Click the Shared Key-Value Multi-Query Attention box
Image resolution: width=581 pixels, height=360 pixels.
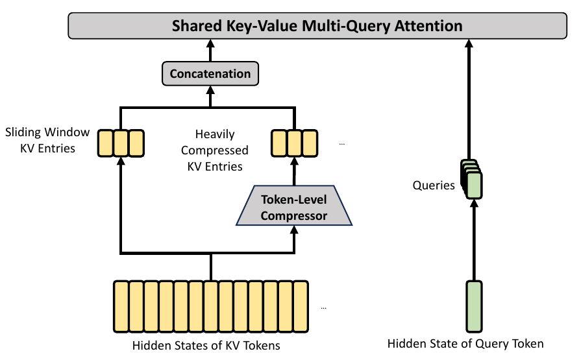click(317, 25)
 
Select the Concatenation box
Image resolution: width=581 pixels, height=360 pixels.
click(210, 74)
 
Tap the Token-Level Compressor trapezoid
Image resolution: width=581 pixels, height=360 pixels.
click(294, 206)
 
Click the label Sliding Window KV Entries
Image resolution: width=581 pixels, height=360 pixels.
click(47, 140)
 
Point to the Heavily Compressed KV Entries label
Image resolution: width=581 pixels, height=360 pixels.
click(215, 150)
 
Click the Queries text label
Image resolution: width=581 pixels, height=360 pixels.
click(434, 185)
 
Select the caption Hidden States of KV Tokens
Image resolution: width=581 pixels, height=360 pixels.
click(206, 345)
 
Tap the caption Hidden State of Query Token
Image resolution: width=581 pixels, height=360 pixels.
click(465, 343)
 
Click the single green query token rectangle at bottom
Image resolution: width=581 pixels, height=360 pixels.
click(474, 306)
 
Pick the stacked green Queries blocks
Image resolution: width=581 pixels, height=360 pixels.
click(471, 179)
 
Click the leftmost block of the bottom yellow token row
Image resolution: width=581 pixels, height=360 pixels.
click(121, 306)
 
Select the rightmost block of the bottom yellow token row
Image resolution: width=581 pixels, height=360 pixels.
click(301, 306)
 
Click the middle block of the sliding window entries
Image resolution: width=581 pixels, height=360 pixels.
click(121, 143)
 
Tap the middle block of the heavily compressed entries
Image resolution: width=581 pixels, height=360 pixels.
click(295, 143)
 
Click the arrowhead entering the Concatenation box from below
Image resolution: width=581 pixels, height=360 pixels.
click(210, 90)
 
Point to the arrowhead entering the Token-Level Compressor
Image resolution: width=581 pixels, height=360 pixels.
click(294, 230)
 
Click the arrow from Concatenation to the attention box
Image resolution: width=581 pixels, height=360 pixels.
click(210, 51)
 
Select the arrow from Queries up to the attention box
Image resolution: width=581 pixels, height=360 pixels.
click(469, 99)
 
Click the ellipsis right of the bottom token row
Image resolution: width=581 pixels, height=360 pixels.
click(323, 307)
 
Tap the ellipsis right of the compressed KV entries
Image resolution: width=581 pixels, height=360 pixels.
click(341, 144)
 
